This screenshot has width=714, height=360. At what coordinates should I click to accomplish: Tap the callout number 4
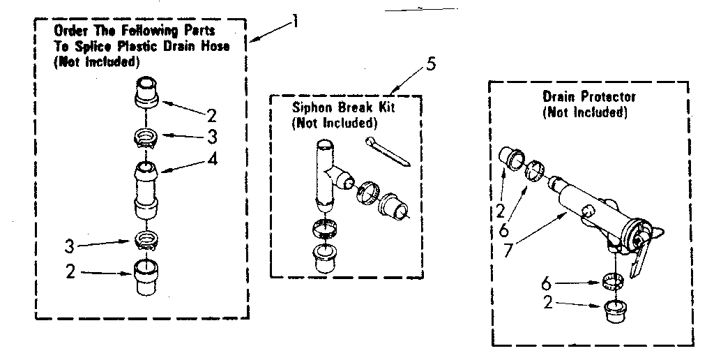pyautogui.click(x=212, y=160)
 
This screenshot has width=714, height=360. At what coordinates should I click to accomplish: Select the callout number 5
pyautogui.click(x=431, y=66)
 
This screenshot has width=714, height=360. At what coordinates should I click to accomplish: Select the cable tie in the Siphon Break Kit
pyautogui.click(x=388, y=151)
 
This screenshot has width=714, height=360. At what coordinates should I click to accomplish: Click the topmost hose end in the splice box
pyautogui.click(x=147, y=91)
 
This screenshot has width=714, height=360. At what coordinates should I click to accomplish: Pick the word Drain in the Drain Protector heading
pyautogui.click(x=559, y=97)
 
